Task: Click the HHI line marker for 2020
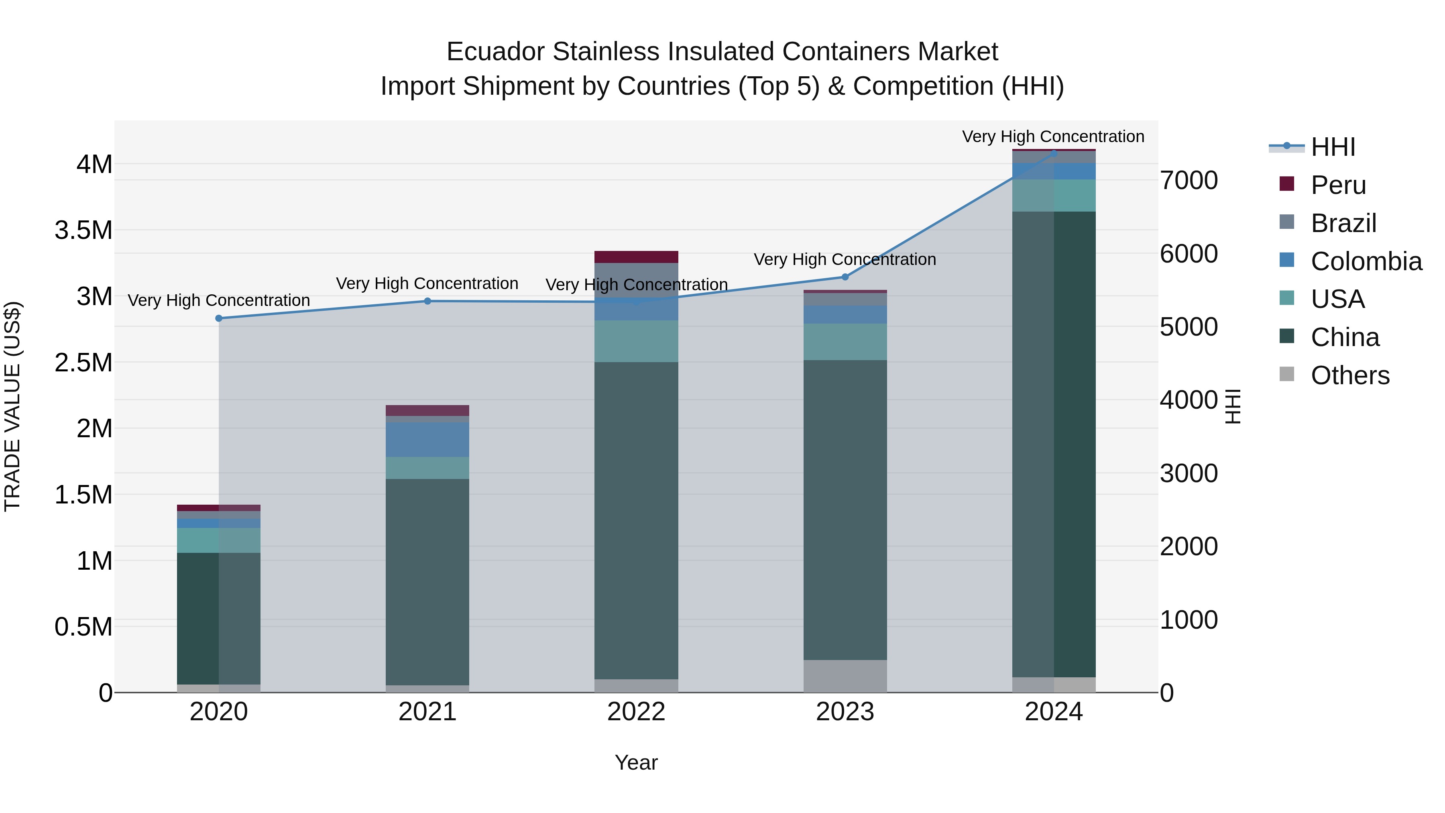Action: click(x=219, y=318)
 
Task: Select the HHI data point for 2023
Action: click(x=845, y=277)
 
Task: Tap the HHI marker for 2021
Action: click(x=427, y=301)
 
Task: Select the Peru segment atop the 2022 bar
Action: click(x=636, y=257)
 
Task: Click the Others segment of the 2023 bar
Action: click(x=845, y=676)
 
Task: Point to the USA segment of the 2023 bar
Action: click(x=845, y=342)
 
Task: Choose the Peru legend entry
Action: click(x=1338, y=185)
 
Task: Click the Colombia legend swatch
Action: click(x=1286, y=260)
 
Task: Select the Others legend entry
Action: click(x=1349, y=375)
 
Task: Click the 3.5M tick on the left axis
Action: click(x=83, y=230)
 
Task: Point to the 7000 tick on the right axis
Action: click(x=1188, y=181)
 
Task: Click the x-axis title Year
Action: click(x=636, y=762)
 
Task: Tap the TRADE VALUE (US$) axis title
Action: click(x=12, y=406)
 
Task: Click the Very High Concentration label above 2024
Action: click(x=1053, y=137)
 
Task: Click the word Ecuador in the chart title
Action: click(x=495, y=52)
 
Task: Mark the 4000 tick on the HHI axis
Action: click(x=1188, y=400)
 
